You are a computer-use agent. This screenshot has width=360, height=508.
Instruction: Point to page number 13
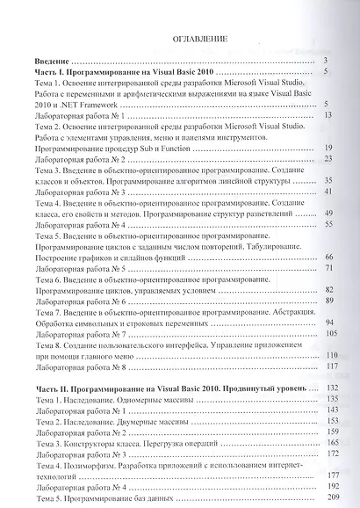(327, 116)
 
